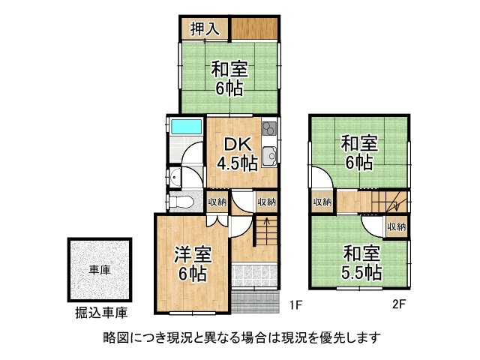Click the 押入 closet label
pos(204,29)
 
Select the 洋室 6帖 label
pos(193,264)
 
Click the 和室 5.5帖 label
pos(362,262)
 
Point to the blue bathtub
pos(184,127)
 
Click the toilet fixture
pos(179,200)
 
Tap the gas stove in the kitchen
pos(270,131)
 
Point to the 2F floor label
pos(399,305)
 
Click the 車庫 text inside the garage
pos(100,270)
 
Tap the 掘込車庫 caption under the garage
pos(100,311)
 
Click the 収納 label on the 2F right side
pos(397,226)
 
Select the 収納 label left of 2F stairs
pos(322,202)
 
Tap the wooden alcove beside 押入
pos(255,28)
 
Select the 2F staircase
pos(385,202)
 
